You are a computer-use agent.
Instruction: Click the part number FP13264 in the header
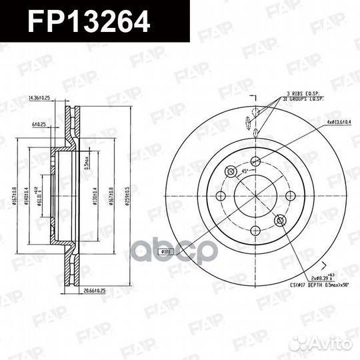point(88,21)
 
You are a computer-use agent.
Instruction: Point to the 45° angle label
point(245,171)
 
